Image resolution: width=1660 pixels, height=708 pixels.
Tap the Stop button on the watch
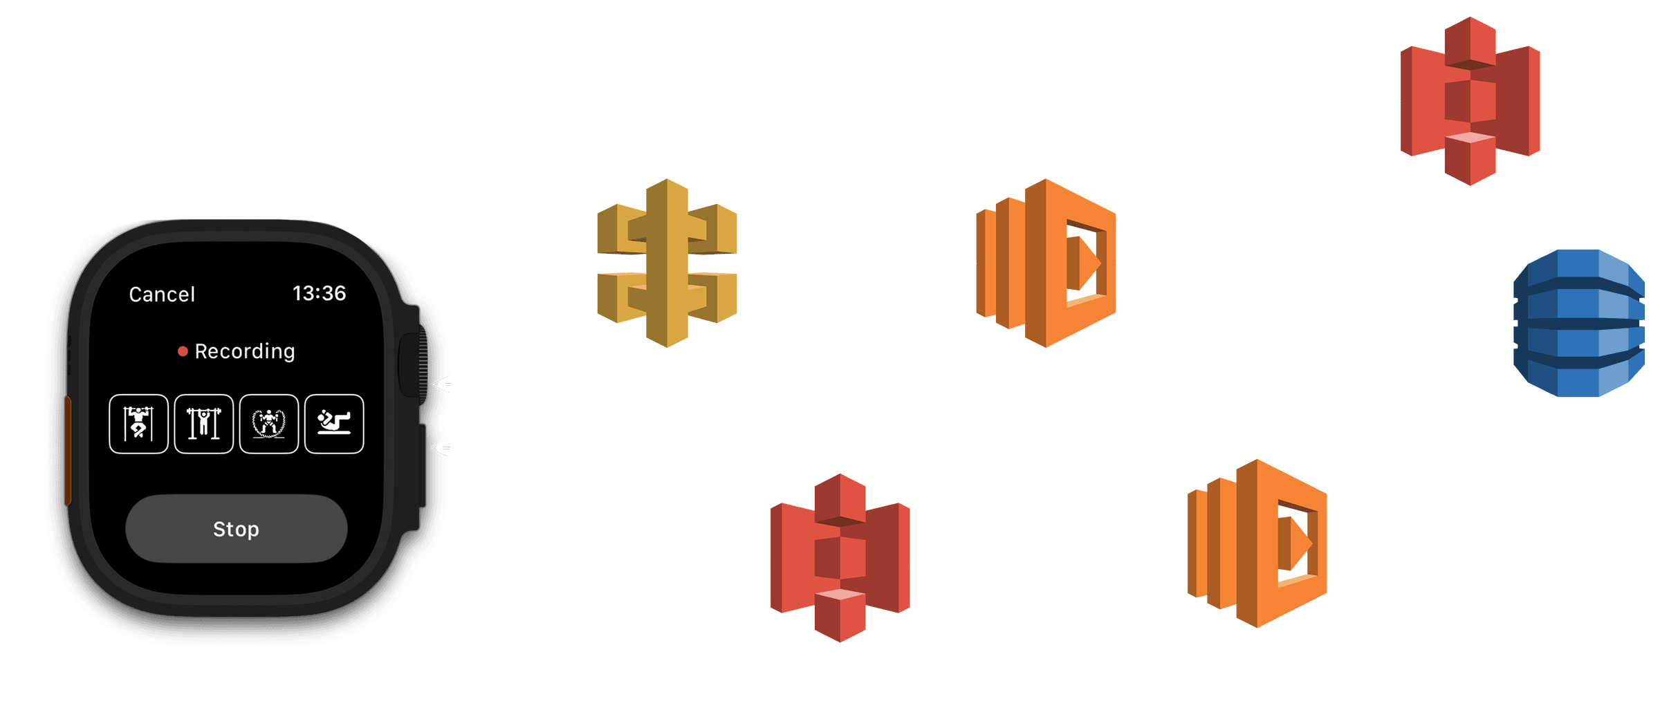pyautogui.click(x=236, y=529)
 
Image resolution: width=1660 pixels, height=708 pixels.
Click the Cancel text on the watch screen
pyautogui.click(x=162, y=295)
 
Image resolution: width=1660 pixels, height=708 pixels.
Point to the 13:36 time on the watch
pyautogui.click(x=319, y=293)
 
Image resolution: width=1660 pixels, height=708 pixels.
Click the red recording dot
pyautogui.click(x=183, y=351)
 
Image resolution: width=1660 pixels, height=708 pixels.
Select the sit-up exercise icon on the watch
pyautogui.click(x=334, y=424)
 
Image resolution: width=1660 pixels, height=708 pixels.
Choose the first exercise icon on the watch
pyautogui.click(x=138, y=424)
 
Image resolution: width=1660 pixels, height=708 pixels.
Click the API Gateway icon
pyautogui.click(x=667, y=263)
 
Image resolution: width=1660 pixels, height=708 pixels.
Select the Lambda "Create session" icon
pyautogui.click(x=1045, y=263)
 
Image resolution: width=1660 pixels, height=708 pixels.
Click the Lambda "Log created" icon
pyautogui.click(x=1257, y=543)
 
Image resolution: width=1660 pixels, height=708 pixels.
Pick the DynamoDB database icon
pyautogui.click(x=1578, y=324)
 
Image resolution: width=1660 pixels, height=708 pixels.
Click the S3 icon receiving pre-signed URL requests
pyautogui.click(x=1470, y=101)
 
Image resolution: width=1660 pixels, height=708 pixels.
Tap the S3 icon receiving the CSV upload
pyautogui.click(x=840, y=557)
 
